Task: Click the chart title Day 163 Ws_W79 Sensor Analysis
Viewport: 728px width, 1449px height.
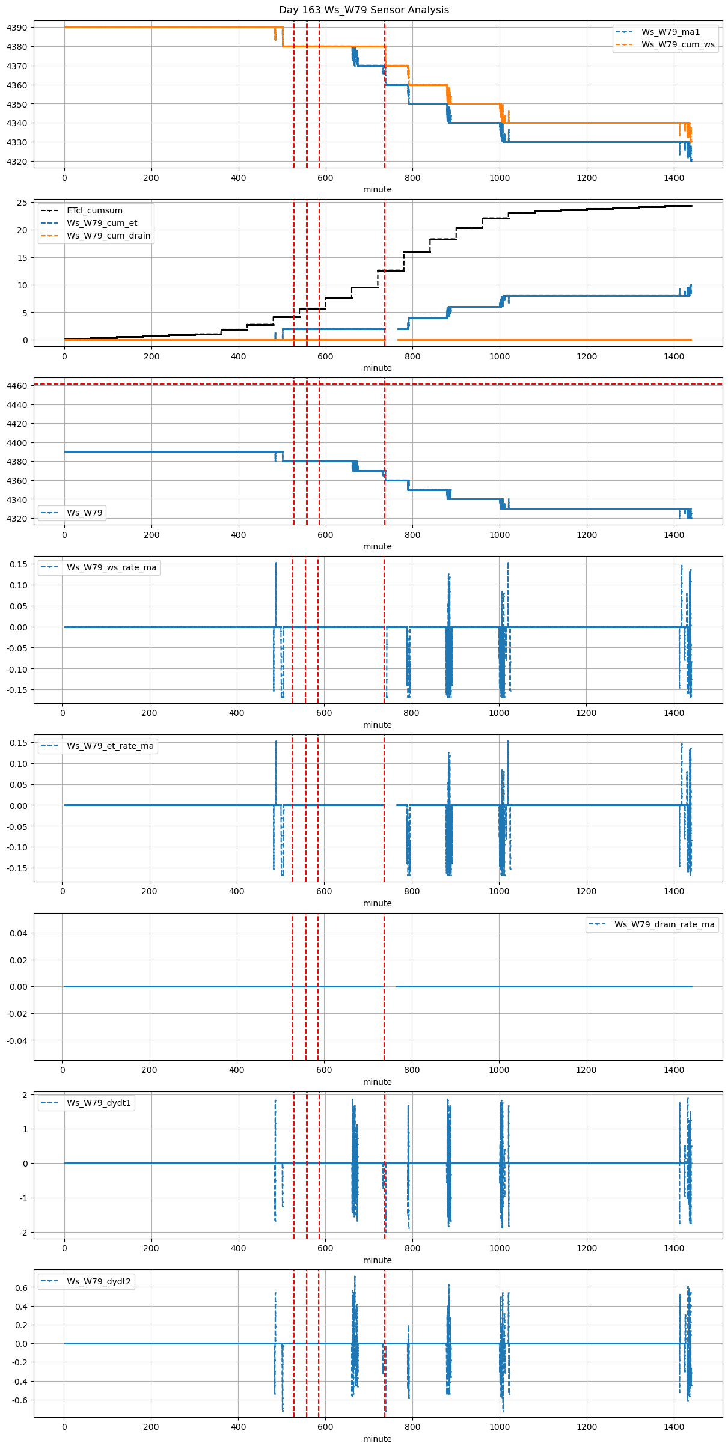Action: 364,10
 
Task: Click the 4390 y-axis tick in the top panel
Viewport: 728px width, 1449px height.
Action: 17,28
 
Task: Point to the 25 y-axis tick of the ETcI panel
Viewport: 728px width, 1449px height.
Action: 22,203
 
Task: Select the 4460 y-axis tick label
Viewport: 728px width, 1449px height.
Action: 17,386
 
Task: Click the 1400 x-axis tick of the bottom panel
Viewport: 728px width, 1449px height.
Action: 674,1423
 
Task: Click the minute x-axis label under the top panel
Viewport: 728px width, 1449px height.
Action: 377,189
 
